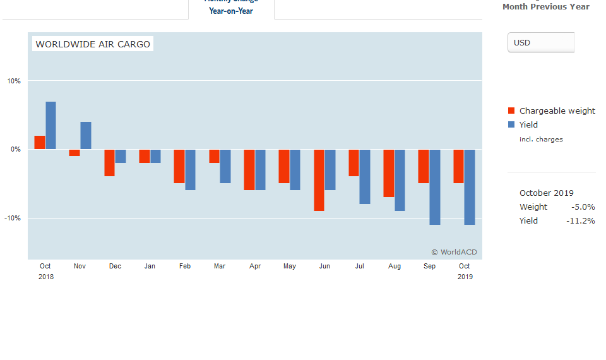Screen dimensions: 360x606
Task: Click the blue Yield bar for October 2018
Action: [x=50, y=125]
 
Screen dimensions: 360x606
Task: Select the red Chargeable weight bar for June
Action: [x=319, y=180]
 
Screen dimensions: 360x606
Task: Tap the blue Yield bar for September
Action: [x=434, y=187]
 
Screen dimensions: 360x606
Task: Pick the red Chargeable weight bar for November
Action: [x=74, y=153]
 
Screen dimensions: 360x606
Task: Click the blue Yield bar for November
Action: [x=86, y=135]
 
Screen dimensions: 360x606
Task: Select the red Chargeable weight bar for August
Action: [x=389, y=173]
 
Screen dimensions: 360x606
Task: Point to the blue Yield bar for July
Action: [x=365, y=177]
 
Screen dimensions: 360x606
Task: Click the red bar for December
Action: [x=109, y=163]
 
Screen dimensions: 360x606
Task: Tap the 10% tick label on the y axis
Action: [x=14, y=81]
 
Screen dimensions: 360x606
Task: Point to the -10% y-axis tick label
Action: [x=13, y=218]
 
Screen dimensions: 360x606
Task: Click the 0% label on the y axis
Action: [x=15, y=150]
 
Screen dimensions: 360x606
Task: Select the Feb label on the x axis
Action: [x=185, y=267]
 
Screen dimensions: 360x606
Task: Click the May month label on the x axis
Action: [x=290, y=267]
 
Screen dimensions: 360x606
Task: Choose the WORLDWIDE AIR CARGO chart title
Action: [x=93, y=44]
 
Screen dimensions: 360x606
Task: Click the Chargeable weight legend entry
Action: [x=557, y=111]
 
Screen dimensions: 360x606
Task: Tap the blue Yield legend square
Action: [x=511, y=124]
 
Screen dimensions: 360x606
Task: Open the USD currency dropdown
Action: [x=541, y=42]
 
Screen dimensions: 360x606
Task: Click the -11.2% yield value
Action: [x=580, y=220]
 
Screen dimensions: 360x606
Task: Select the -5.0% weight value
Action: [x=583, y=207]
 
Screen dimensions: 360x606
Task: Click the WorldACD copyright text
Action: [x=454, y=252]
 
